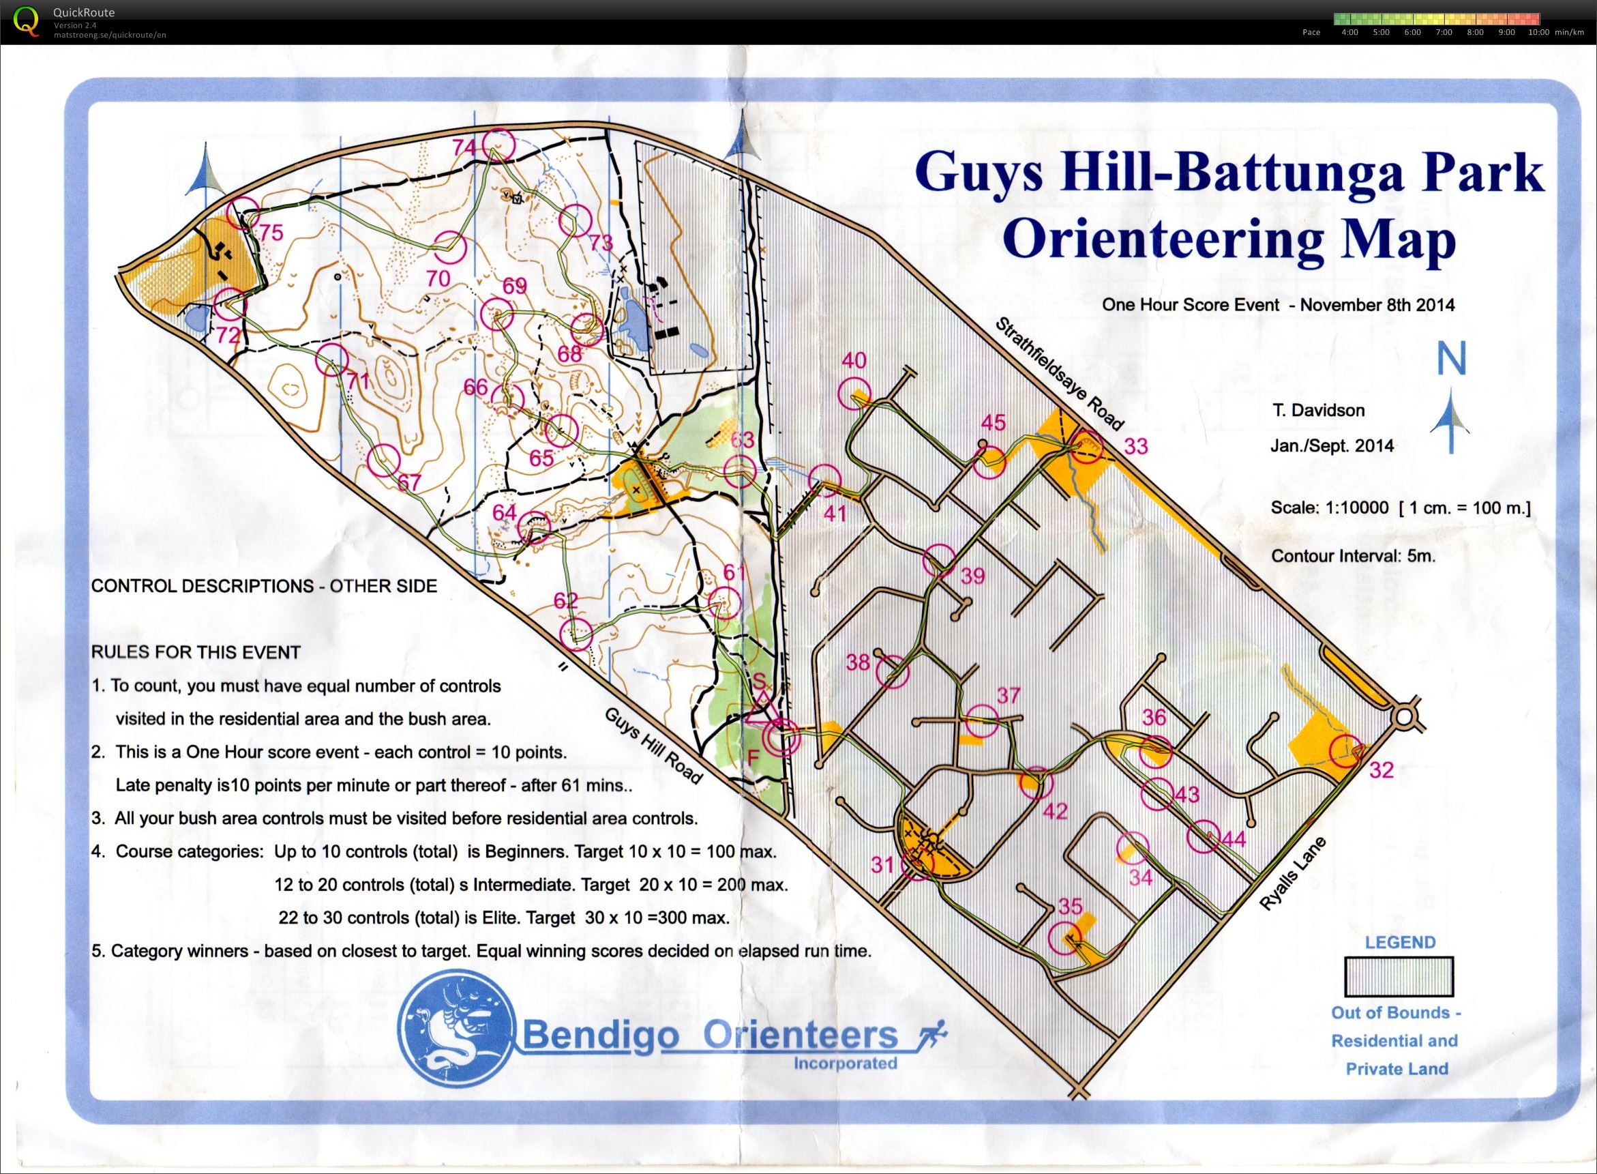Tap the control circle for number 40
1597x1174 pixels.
853,394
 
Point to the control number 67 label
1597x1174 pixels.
409,482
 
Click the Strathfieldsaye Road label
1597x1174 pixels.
1059,374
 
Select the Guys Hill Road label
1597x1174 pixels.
653,745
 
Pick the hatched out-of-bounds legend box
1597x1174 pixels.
1398,976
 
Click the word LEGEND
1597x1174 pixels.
1400,942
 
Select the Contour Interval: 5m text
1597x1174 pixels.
1354,555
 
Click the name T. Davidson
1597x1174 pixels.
1319,410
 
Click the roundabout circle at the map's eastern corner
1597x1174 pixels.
1405,717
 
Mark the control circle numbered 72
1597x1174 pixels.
228,306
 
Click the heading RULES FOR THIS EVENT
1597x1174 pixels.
196,651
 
